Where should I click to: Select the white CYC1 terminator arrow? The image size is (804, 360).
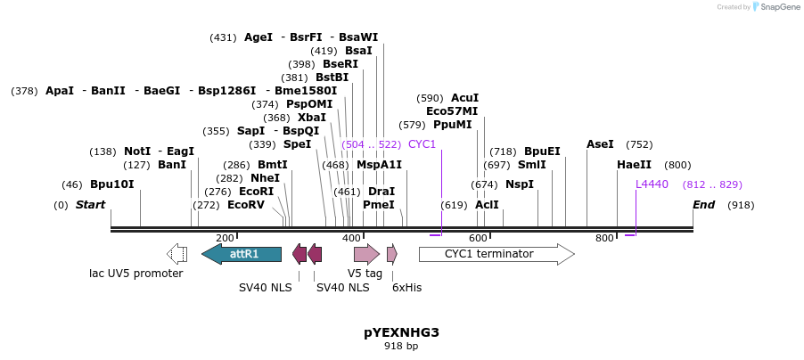(496, 254)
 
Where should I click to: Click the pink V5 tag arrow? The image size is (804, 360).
(366, 254)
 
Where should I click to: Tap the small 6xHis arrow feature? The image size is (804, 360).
(392, 254)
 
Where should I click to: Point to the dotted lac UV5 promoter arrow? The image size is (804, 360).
(176, 254)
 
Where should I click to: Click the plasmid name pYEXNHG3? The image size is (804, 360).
(401, 332)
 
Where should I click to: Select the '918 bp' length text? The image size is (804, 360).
(401, 346)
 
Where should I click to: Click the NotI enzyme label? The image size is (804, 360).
(137, 151)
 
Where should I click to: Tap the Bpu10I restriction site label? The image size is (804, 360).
(111, 184)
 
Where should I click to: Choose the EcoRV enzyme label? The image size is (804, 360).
(245, 205)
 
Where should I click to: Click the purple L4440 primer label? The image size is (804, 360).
(652, 184)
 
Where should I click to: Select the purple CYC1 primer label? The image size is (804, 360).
(422, 144)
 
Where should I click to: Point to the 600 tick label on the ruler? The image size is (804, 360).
(479, 238)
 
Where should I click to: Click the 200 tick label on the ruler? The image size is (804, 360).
(225, 238)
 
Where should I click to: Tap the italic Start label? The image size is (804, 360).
(90, 205)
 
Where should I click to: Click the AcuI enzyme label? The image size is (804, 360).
(464, 98)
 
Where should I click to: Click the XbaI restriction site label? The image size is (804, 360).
(312, 118)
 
